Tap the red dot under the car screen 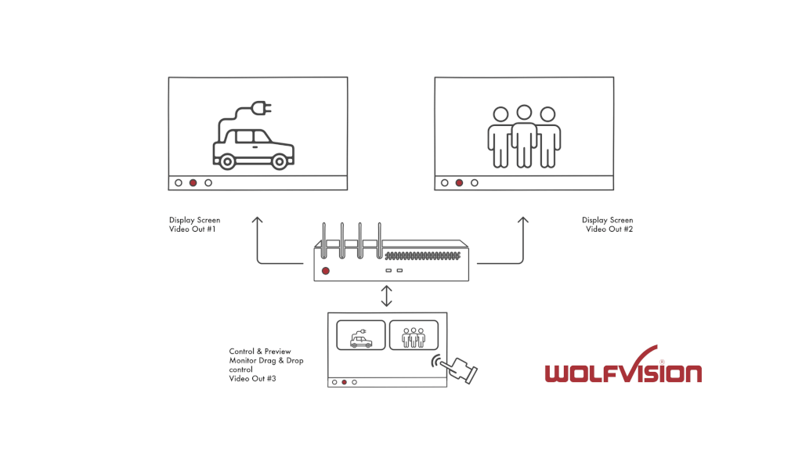pos(193,182)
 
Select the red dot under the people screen pos(459,182)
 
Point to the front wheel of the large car pos(278,162)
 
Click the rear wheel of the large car pos(227,162)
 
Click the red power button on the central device pos(326,271)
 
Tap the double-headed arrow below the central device pos(386,296)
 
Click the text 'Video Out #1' pos(193,229)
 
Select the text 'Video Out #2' pos(609,229)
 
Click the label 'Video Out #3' pos(252,379)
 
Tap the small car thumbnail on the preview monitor pos(360,335)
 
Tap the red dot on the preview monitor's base pos(344,382)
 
